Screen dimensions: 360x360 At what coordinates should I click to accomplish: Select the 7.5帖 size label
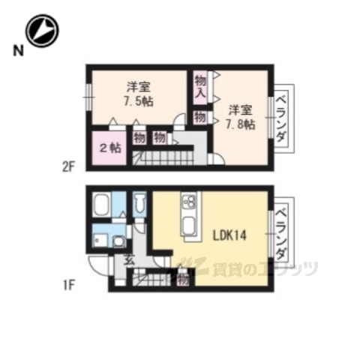(x=137, y=101)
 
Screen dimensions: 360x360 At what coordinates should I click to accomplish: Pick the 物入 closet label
(x=200, y=87)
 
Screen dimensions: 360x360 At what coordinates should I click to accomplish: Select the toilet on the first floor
(x=139, y=204)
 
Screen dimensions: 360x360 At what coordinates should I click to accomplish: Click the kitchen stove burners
(x=187, y=202)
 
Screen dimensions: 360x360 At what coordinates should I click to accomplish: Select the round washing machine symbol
(x=120, y=241)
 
